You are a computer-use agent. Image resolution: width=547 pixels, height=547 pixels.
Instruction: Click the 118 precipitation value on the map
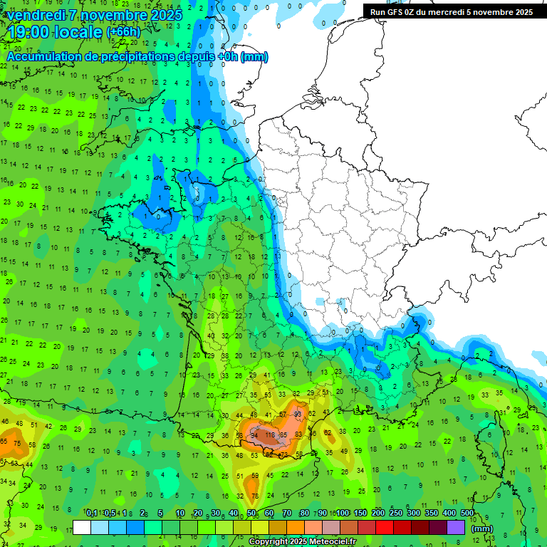pyautogui.click(x=270, y=434)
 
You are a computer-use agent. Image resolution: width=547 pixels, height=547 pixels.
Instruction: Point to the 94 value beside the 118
pyautogui.click(x=254, y=435)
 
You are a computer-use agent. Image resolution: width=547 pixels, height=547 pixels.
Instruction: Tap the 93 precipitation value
pyautogui.click(x=298, y=414)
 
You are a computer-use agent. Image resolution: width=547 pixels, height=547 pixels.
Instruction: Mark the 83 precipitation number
pyautogui.click(x=298, y=434)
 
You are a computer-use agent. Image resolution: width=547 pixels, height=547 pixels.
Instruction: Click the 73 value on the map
pyautogui.click(x=283, y=454)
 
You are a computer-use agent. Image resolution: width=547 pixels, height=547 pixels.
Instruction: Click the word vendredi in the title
pyautogui.click(x=39, y=15)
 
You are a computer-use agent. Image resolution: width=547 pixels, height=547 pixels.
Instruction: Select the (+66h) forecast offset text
pyautogui.click(x=123, y=32)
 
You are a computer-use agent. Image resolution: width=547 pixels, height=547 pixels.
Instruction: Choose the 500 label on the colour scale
pyautogui.click(x=467, y=514)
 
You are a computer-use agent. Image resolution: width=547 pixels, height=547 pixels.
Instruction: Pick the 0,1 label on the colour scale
pyautogui.click(x=92, y=514)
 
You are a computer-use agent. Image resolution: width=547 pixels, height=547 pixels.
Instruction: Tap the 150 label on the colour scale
pyautogui.click(x=360, y=514)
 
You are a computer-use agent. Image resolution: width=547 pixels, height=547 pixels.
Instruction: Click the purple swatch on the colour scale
pyautogui.click(x=456, y=527)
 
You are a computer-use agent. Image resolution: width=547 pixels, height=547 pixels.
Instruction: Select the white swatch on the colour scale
pyautogui.click(x=82, y=527)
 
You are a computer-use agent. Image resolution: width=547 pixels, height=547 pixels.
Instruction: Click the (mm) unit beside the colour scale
pyautogui.click(x=482, y=528)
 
